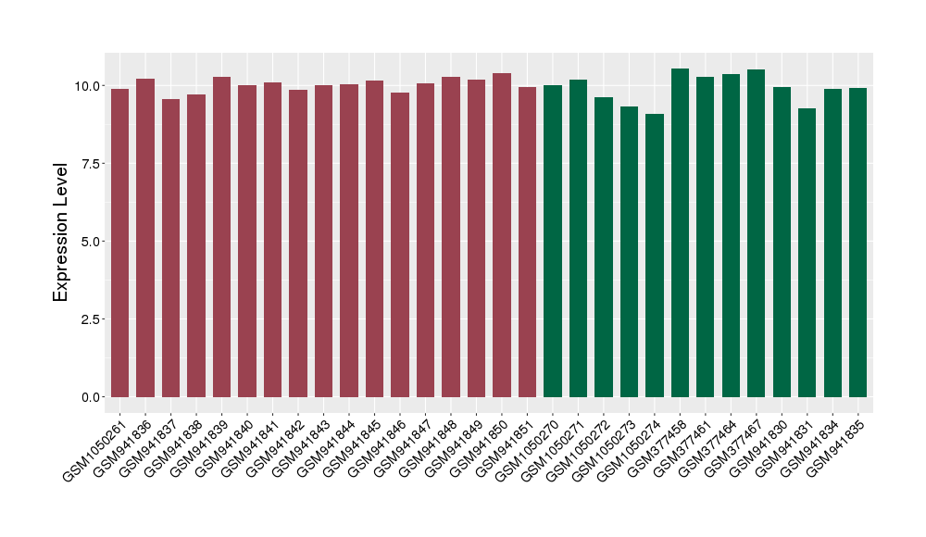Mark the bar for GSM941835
tap(858, 243)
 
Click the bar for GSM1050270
tap(553, 241)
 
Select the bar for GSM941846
tap(400, 244)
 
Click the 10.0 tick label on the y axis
tap(89, 86)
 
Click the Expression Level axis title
tap(61, 232)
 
